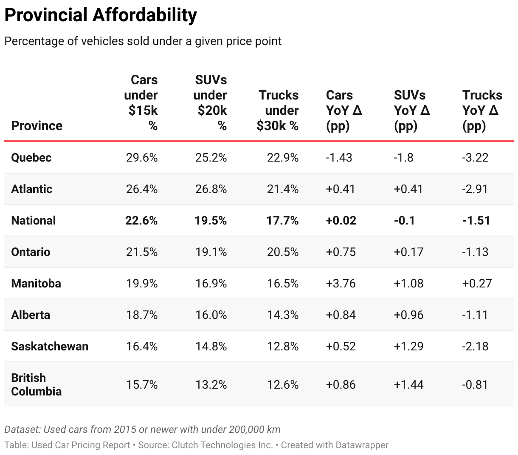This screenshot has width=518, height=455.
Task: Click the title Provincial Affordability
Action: [x=101, y=15]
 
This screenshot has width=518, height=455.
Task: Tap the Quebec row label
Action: [x=31, y=158]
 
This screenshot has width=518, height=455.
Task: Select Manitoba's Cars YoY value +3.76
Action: [x=341, y=284]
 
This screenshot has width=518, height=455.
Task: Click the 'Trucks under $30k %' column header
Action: [x=278, y=111]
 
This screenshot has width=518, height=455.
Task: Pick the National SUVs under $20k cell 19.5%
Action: [x=211, y=221]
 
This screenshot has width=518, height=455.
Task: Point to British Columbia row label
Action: [x=36, y=384]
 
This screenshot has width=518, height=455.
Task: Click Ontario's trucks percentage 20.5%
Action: [x=283, y=252]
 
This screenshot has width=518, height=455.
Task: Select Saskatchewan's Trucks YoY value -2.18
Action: [x=476, y=347]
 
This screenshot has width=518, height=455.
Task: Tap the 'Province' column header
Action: [x=37, y=126]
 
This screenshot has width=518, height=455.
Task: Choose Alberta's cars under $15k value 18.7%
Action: [x=142, y=315]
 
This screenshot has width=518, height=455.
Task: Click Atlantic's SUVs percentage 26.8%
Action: [x=211, y=189]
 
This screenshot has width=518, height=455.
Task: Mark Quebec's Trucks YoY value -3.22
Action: [x=476, y=158]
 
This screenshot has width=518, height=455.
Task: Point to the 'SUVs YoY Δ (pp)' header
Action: [x=411, y=111]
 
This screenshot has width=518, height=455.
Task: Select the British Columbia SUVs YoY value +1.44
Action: [x=408, y=385]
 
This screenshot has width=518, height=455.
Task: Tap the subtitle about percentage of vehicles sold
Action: [x=143, y=41]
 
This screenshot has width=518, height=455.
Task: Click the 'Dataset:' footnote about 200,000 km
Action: [x=142, y=429]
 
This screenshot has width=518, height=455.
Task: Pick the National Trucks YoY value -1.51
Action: [x=476, y=221]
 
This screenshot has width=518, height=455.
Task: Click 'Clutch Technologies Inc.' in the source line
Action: [x=222, y=445]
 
